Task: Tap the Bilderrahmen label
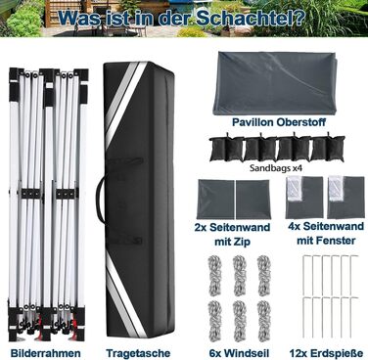(45, 353)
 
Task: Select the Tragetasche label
(138, 353)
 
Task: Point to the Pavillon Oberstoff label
(279, 122)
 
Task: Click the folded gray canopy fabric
(274, 83)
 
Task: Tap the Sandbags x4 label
(276, 168)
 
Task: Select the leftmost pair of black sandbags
(226, 149)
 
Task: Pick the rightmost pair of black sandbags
(328, 149)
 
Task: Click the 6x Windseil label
(239, 353)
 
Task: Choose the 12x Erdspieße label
(326, 353)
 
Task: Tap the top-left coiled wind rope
(214, 276)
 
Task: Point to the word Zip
(242, 242)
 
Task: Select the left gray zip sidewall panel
(215, 200)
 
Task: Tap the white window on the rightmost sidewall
(336, 188)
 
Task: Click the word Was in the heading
(80, 19)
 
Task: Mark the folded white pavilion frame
(48, 202)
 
